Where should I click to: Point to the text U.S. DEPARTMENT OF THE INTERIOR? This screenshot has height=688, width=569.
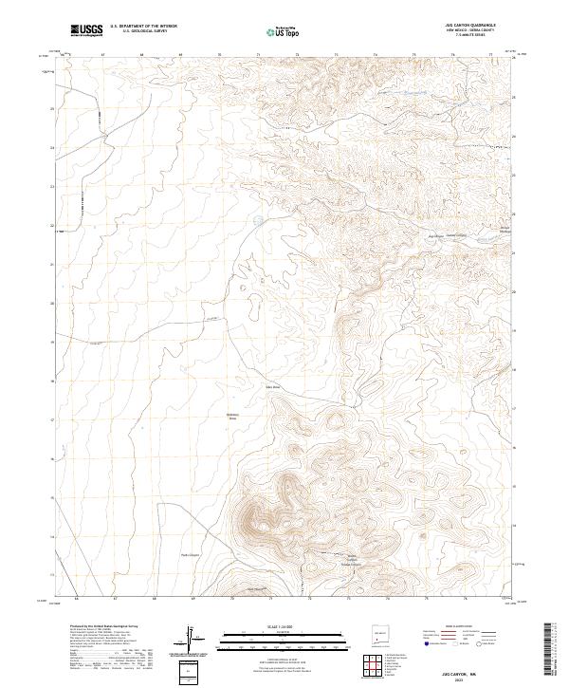pos(143,28)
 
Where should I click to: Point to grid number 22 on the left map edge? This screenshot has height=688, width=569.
pos(51,226)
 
